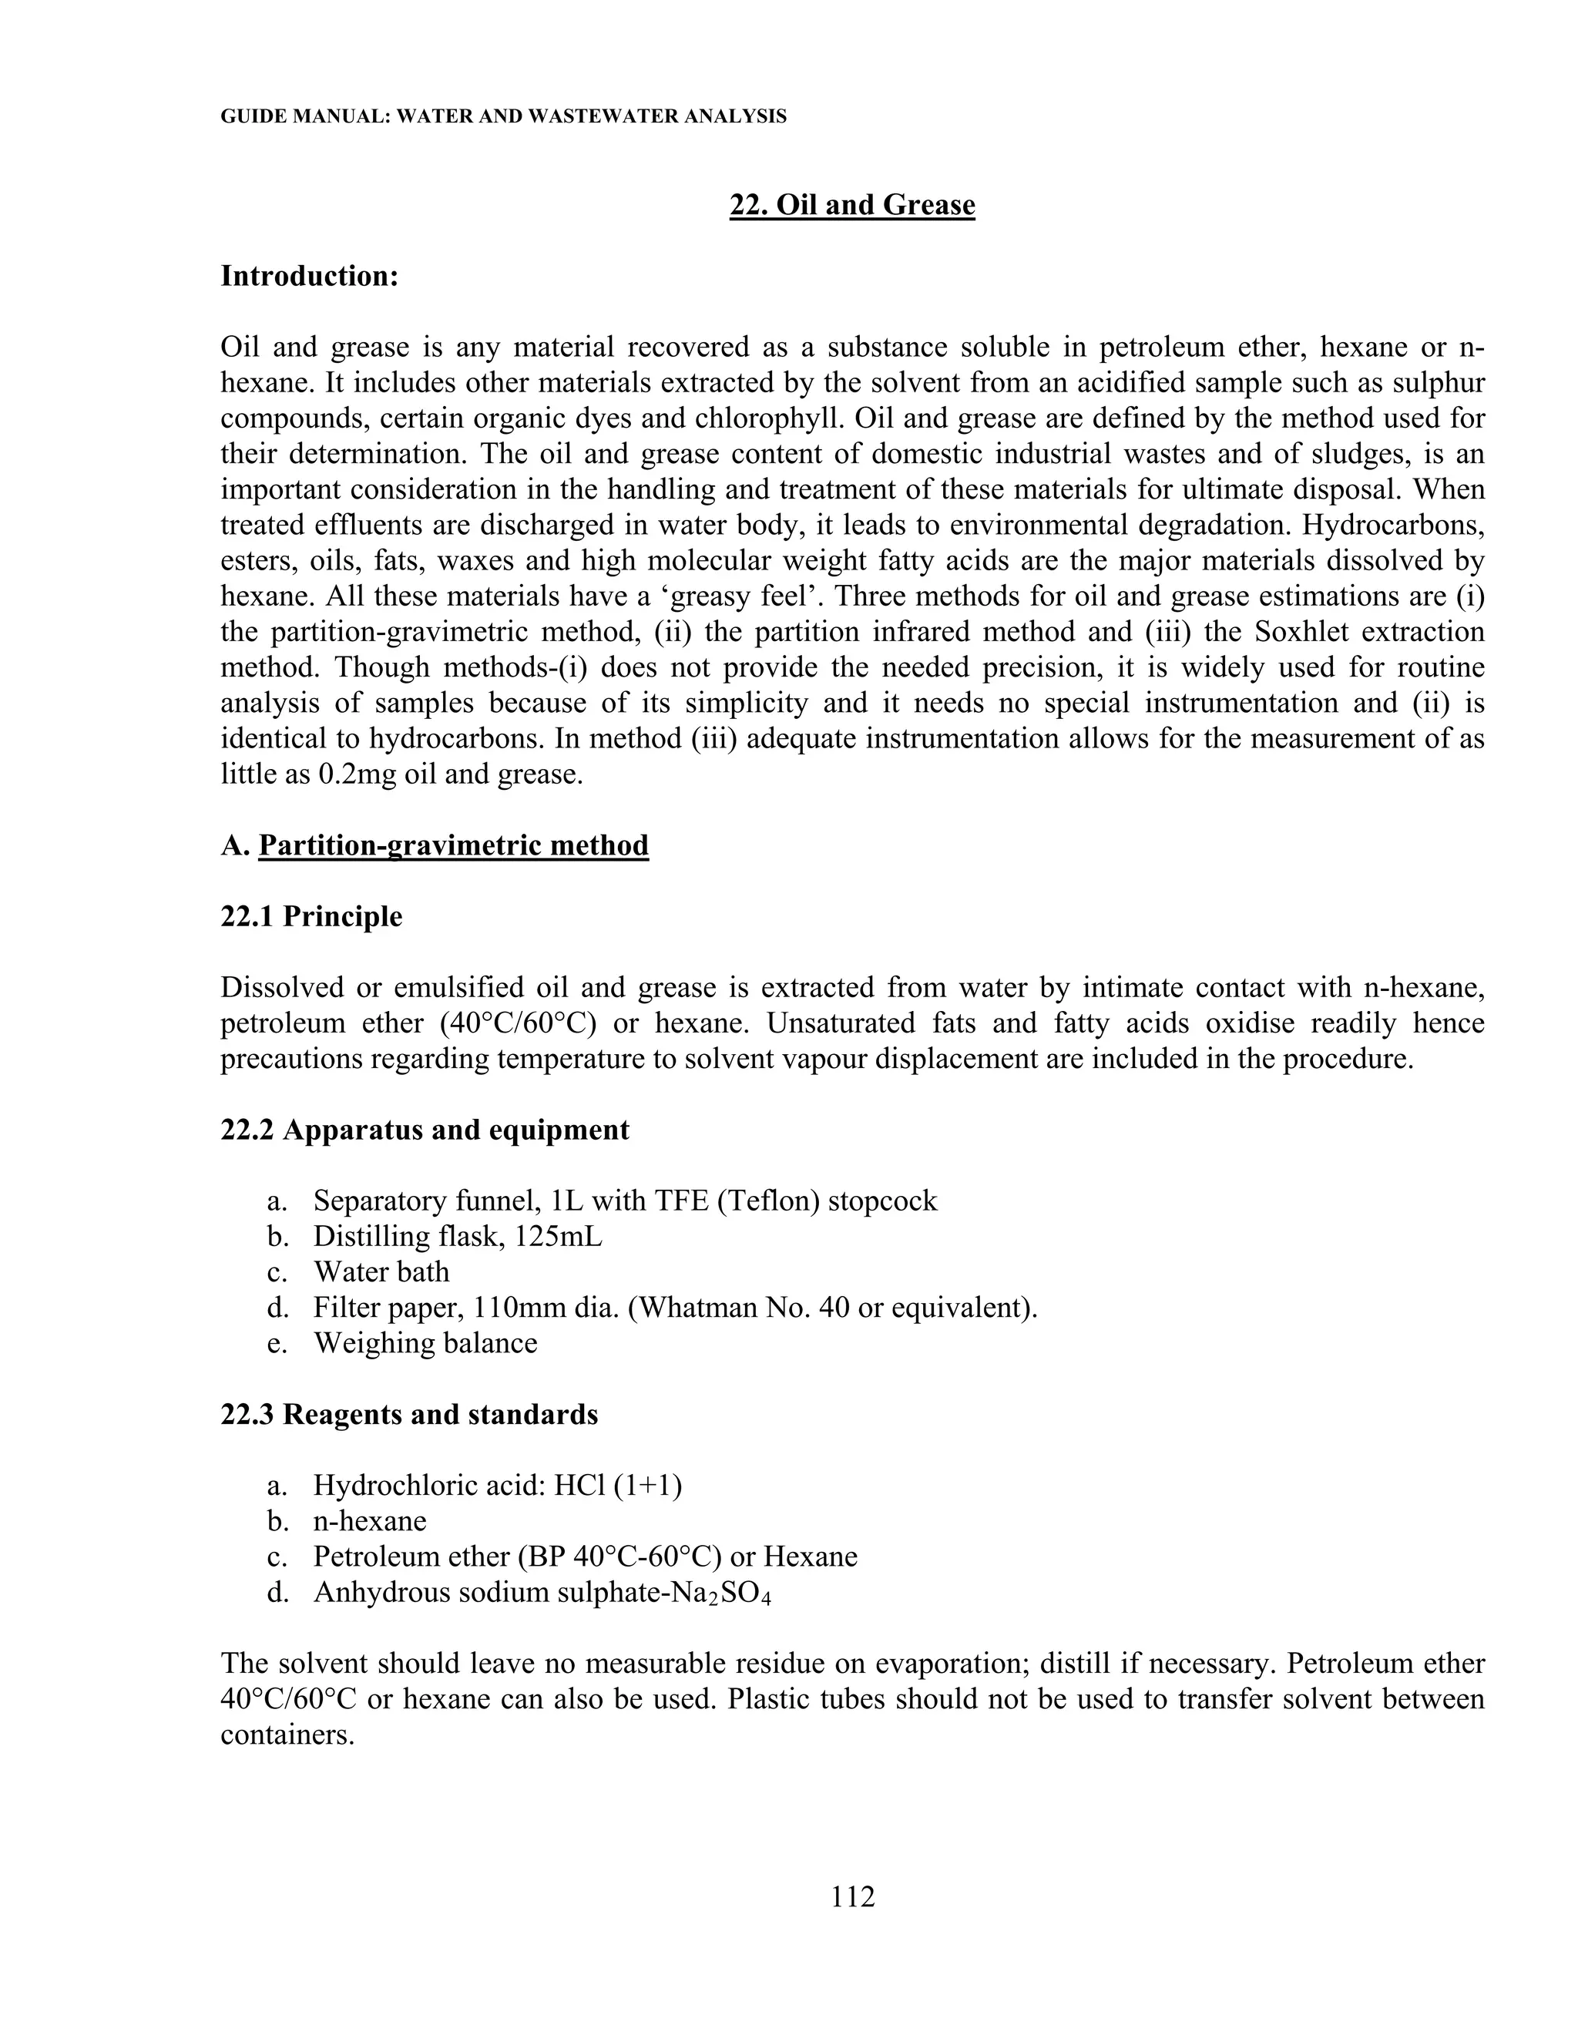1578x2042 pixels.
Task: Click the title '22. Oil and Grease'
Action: coord(851,205)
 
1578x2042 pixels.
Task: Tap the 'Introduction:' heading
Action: coord(310,276)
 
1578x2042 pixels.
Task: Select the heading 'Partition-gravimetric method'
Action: coord(453,845)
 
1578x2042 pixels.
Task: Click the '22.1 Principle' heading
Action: coord(311,916)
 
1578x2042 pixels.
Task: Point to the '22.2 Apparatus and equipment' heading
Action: coord(425,1130)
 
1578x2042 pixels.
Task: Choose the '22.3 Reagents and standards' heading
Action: coord(408,1414)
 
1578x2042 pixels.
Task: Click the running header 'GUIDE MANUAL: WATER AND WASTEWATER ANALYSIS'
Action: coord(503,117)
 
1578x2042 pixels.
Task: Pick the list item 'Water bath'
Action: coord(381,1271)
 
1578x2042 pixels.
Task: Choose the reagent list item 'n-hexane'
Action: coord(369,1520)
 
